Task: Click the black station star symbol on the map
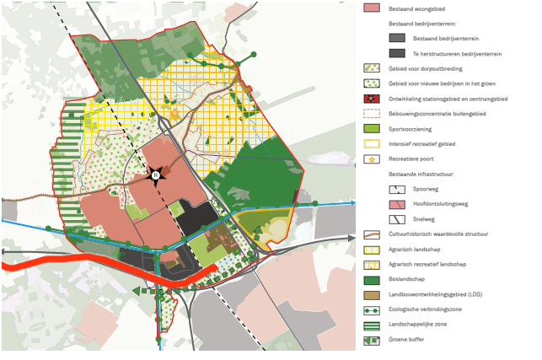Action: (155, 175)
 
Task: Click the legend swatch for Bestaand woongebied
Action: (372, 8)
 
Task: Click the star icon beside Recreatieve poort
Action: (372, 159)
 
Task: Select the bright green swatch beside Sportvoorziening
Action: (372, 128)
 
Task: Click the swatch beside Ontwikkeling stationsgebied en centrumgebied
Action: (372, 99)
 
